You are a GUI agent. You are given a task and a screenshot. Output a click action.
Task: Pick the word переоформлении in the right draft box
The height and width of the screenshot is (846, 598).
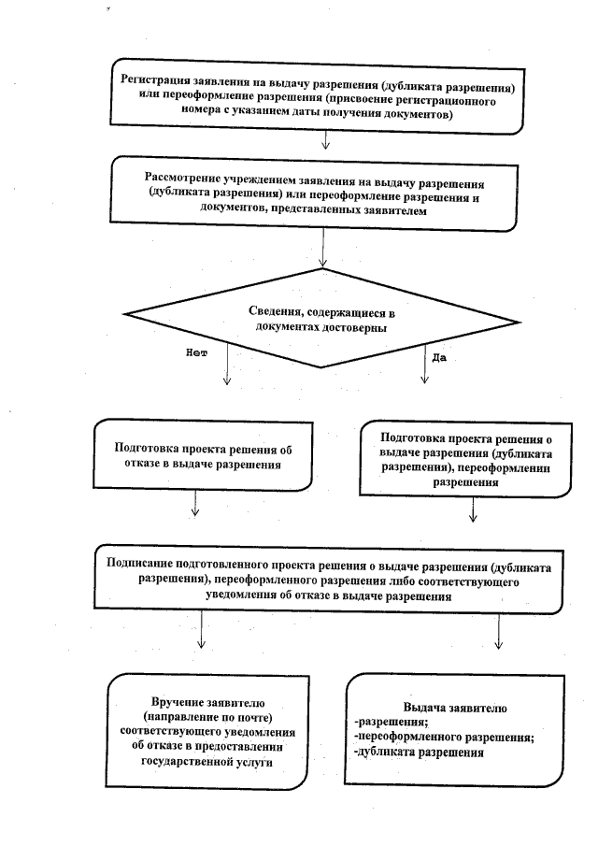(x=505, y=469)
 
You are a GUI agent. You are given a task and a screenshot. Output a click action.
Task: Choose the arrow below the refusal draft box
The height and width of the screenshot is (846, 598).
(x=194, y=506)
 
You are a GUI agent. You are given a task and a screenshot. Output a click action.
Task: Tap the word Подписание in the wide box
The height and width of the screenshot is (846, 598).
(x=141, y=567)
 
